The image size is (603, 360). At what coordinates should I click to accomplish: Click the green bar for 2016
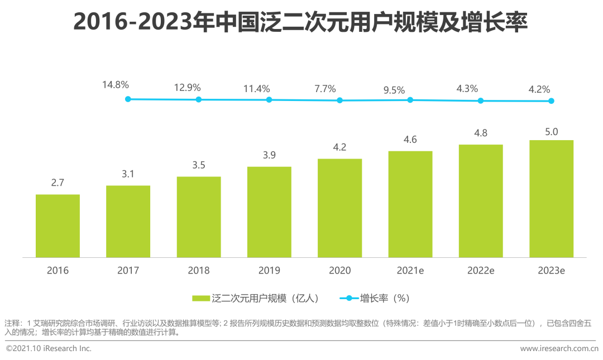click(x=58, y=226)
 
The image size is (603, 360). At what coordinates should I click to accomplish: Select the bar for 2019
click(x=269, y=212)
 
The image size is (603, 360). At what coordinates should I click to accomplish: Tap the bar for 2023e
click(x=551, y=199)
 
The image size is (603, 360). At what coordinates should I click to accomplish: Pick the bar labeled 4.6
click(x=410, y=204)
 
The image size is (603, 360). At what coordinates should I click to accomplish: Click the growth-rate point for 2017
click(x=128, y=99)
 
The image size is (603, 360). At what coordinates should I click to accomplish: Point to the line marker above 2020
click(x=339, y=100)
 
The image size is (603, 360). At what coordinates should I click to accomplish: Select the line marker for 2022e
click(x=481, y=100)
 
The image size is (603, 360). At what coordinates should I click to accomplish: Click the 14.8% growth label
click(x=116, y=85)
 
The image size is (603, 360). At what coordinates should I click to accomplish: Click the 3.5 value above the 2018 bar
click(x=198, y=165)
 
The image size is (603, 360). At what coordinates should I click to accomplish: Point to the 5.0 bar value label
click(x=551, y=132)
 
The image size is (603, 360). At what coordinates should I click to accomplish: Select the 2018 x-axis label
click(x=199, y=271)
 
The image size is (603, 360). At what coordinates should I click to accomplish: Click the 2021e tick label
click(x=410, y=271)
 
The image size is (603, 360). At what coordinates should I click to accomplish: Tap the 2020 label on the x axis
click(x=339, y=271)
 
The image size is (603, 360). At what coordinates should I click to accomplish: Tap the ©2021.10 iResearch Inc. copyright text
click(x=49, y=349)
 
